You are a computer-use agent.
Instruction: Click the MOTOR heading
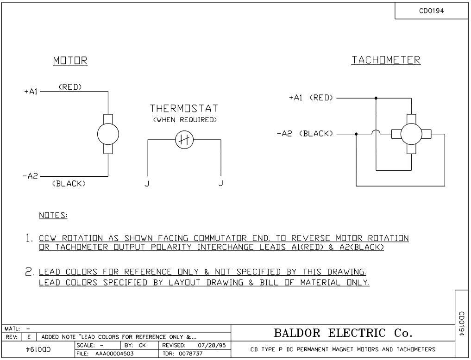pos(70,61)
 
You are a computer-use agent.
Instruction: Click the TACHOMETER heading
pos(386,60)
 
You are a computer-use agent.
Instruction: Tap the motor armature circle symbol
pos(108,134)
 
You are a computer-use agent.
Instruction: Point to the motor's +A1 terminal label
pos(31,92)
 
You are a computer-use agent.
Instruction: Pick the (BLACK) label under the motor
pos(69,184)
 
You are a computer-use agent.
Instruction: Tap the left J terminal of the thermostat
pos(147,183)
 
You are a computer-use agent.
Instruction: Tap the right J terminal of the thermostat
pos(220,183)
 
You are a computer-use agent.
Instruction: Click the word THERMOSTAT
pos(183,109)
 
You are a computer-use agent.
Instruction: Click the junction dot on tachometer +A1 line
pos(376,98)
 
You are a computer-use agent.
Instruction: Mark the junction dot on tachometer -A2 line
pos(356,134)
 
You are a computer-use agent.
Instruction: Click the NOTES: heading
pos(53,216)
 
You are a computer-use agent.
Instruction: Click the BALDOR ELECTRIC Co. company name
pos(343,333)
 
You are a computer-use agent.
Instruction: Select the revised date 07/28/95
pos(207,345)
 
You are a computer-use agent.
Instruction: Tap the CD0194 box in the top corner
pos(431,11)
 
